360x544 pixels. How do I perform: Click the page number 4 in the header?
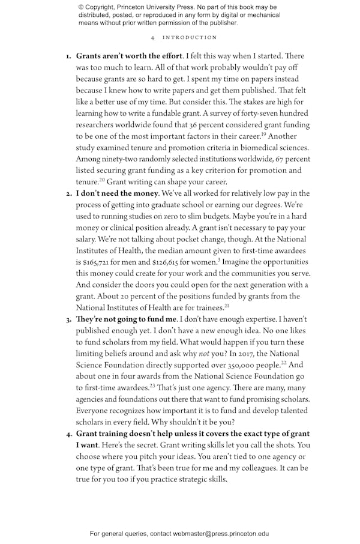pyautogui.click(x=154, y=37)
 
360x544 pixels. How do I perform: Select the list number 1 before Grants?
pyautogui.click(x=68, y=56)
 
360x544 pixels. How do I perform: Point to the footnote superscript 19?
pyautogui.click(x=263, y=134)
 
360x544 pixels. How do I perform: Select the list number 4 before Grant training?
pyautogui.click(x=68, y=434)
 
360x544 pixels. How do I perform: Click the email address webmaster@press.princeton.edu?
pyautogui.click(x=221, y=533)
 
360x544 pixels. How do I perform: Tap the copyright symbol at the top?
pyautogui.click(x=81, y=8)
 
